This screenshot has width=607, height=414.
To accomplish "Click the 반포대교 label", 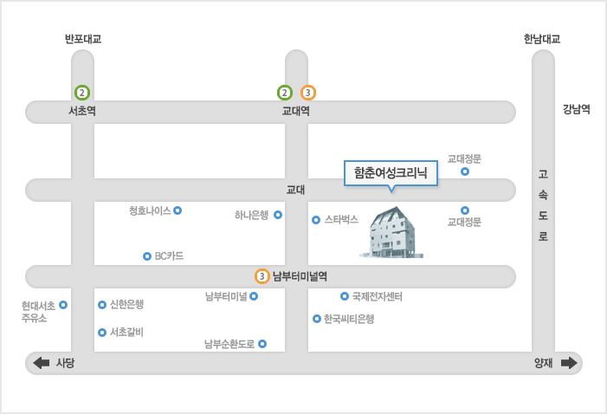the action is click(x=83, y=39).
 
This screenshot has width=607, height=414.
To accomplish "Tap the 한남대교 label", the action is click(x=542, y=39).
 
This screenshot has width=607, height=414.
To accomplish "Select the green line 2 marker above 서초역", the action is click(x=82, y=93).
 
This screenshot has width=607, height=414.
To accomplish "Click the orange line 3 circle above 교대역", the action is click(x=308, y=93).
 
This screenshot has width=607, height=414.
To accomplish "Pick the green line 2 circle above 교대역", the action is click(x=285, y=93).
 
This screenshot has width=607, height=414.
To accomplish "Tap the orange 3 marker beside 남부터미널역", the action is click(x=262, y=276).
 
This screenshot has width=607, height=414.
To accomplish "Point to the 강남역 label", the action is click(x=577, y=109).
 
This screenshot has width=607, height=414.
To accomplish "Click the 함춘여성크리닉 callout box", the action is click(x=391, y=173).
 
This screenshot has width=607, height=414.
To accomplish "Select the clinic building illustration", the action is click(x=391, y=232).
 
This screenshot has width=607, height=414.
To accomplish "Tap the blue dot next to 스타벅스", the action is click(x=316, y=220).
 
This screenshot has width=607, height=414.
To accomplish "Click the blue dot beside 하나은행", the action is click(x=278, y=215).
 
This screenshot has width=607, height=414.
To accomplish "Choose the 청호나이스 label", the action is click(x=150, y=210).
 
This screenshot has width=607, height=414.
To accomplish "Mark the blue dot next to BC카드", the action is click(x=147, y=256).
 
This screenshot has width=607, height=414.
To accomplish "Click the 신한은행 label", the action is click(x=127, y=304).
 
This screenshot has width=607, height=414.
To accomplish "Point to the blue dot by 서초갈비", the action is click(x=102, y=333).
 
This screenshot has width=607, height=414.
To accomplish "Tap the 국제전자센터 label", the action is click(x=377, y=297).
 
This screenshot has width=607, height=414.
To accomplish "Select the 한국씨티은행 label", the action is click(x=349, y=319).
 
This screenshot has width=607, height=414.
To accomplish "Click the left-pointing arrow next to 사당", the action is click(x=42, y=363).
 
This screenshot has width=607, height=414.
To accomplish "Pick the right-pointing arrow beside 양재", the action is click(x=569, y=363).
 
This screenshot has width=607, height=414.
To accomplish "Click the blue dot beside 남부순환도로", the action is click(x=262, y=344).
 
